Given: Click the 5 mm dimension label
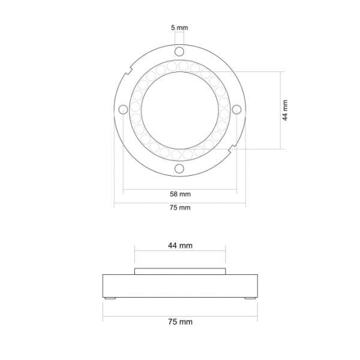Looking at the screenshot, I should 179,28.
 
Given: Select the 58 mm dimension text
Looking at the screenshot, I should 179,194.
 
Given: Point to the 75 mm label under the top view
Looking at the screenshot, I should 179,208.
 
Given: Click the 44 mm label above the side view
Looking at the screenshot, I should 180,245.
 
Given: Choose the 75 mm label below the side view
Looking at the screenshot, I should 180,322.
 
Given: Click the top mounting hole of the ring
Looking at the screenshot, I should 179,51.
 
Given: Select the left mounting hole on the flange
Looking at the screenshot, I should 123,109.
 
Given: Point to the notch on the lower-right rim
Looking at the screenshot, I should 233,146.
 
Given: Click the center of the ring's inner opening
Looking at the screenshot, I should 179,109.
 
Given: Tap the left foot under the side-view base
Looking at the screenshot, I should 110,298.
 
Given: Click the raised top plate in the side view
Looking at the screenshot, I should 180,271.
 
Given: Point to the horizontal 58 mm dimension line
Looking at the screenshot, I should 150,190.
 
